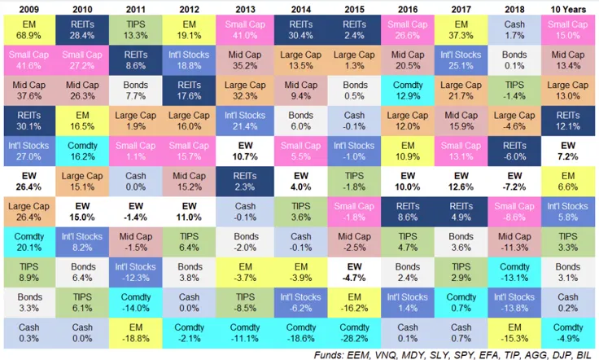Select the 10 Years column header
tap(568, 8)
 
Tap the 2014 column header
tap(299, 8)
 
